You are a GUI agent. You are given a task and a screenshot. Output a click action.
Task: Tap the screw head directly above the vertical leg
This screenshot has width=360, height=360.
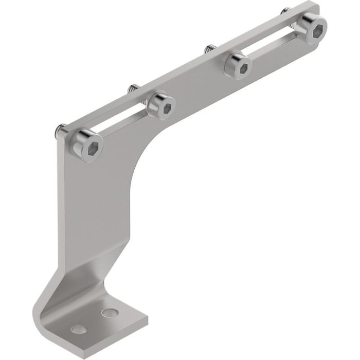(x=86, y=145)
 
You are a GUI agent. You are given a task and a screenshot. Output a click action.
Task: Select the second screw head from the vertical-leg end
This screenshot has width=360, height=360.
(x=161, y=105)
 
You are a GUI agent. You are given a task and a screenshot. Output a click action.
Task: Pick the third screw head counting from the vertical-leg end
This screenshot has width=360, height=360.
(x=239, y=65)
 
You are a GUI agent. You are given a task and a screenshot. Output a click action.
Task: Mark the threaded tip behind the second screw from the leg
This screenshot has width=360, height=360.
(x=132, y=88)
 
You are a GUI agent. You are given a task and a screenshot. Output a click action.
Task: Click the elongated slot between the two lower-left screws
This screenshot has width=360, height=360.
(x=123, y=122)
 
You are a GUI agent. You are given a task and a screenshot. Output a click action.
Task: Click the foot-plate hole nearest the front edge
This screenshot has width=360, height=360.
(x=78, y=329)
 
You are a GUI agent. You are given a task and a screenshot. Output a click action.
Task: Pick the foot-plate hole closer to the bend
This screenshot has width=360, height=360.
(x=109, y=312)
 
